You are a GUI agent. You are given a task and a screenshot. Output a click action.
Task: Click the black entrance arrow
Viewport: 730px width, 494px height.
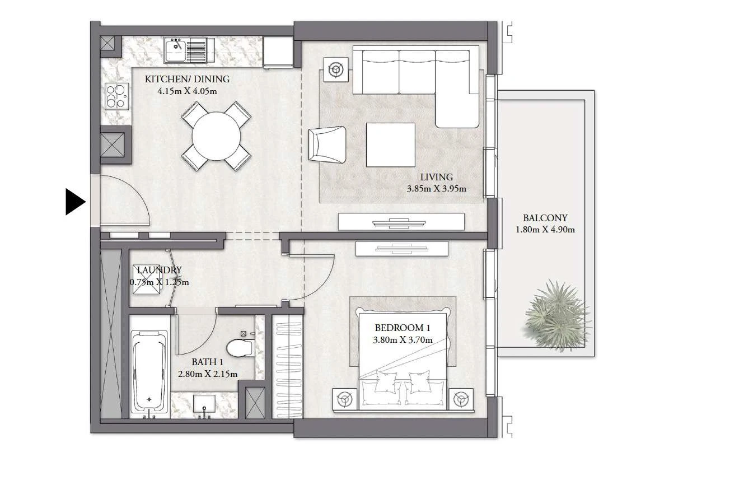76,202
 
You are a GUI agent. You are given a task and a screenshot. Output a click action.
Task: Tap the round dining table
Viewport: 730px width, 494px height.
216,136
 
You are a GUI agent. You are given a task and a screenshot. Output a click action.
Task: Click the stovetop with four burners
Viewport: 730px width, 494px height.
116,96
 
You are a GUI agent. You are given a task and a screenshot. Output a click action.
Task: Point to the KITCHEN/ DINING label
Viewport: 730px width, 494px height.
187,79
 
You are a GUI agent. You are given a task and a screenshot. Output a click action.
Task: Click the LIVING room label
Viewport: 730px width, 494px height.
436,177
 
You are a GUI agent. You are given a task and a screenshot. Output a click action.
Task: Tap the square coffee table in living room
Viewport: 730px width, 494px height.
390,145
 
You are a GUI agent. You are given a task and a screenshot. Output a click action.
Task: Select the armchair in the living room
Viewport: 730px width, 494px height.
327,145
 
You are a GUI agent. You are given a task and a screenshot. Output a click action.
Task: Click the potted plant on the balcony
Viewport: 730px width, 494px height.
556,316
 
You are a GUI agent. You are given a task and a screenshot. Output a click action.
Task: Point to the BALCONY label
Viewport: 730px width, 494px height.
545,218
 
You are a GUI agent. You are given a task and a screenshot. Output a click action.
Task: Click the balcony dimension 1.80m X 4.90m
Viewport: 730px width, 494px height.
545,230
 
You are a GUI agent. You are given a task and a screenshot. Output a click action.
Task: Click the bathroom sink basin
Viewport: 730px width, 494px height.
204,404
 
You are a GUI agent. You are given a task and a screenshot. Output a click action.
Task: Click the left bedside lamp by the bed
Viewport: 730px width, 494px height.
345,399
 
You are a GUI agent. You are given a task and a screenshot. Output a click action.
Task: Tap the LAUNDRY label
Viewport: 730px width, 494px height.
160,270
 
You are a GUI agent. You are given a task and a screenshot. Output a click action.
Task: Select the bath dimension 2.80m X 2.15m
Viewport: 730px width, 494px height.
208,374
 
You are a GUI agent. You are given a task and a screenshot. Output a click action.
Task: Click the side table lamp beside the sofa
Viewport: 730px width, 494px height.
336,69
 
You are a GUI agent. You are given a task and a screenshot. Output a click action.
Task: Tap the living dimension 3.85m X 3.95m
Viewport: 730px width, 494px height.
436,189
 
